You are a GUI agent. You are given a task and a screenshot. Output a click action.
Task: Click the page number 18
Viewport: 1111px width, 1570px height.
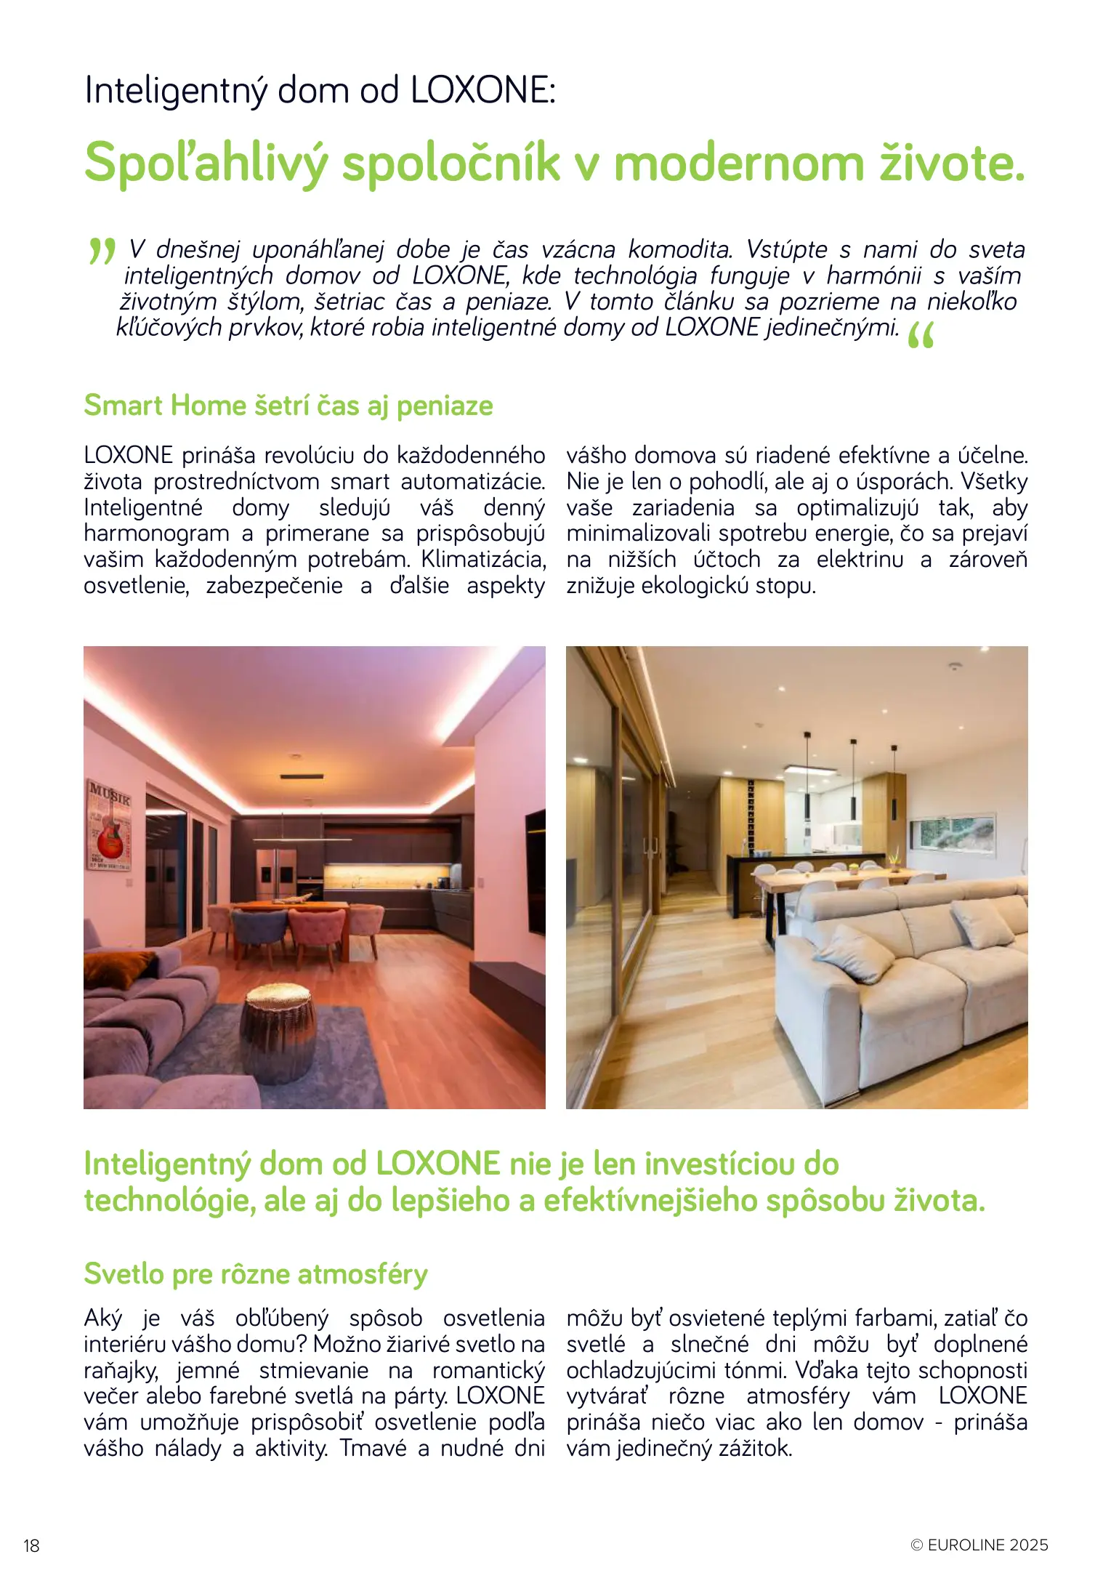click(31, 1545)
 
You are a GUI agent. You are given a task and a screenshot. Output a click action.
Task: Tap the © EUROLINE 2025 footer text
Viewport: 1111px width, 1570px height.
click(979, 1545)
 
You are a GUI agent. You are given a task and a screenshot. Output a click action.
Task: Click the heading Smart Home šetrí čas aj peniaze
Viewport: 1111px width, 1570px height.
click(288, 406)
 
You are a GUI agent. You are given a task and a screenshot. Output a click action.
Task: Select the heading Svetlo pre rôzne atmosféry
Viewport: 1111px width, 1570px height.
click(256, 1273)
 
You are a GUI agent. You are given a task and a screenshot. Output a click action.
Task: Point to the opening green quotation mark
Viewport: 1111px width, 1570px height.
click(102, 251)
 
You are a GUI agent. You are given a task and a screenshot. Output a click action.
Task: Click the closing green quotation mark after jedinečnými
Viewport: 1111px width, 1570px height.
click(921, 335)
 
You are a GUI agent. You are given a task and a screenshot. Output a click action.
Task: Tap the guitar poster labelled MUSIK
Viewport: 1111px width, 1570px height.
click(110, 825)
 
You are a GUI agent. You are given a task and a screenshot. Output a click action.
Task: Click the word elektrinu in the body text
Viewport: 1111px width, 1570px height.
click(860, 559)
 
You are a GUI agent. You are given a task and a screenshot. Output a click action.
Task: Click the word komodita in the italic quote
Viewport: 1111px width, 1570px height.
click(680, 249)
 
